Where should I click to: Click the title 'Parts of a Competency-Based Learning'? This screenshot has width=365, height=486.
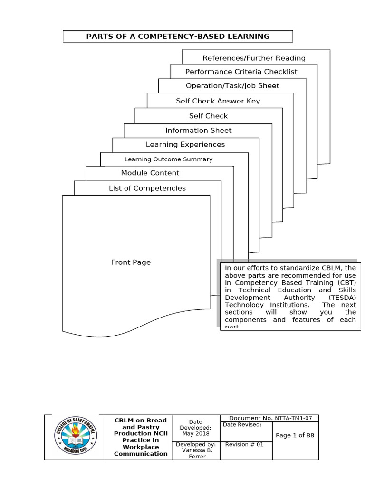178,37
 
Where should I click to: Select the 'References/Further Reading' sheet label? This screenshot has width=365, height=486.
254,58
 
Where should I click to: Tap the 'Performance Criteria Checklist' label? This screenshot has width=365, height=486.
241,72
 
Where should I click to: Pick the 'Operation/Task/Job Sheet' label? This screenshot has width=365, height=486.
232,86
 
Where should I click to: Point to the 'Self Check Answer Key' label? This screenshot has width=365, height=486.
218,101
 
